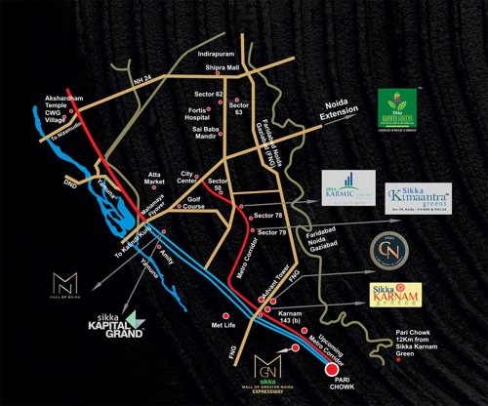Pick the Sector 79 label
point(273,232)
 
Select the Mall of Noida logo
point(62,289)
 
